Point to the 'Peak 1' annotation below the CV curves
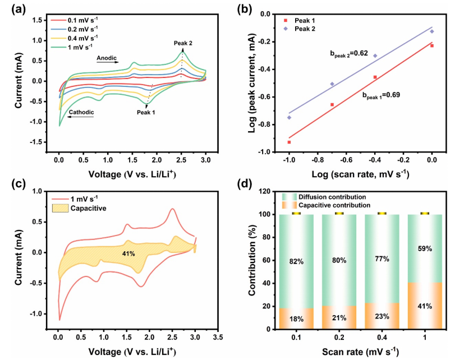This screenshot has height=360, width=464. coord(146,112)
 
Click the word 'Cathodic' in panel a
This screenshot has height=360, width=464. coord(81,112)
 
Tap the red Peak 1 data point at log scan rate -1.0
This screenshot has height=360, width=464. coord(289,142)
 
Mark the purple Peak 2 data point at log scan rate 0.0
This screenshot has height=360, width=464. coord(432,31)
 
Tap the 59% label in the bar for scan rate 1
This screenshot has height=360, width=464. coord(424,248)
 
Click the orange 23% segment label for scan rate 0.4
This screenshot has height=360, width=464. coord(382,318)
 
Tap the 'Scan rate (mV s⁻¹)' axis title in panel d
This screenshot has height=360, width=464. coord(360,353)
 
